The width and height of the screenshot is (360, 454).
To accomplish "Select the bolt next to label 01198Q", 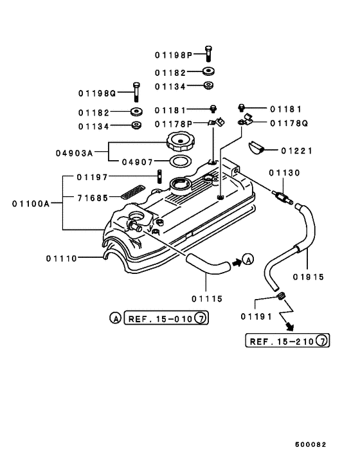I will pos(136,92).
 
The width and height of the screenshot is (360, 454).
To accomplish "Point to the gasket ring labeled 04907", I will pos(181,161).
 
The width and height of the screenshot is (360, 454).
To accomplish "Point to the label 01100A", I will pos(30,203).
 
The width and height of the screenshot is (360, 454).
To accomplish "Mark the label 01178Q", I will pos(289,123).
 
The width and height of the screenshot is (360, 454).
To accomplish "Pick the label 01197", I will pos(91,177).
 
